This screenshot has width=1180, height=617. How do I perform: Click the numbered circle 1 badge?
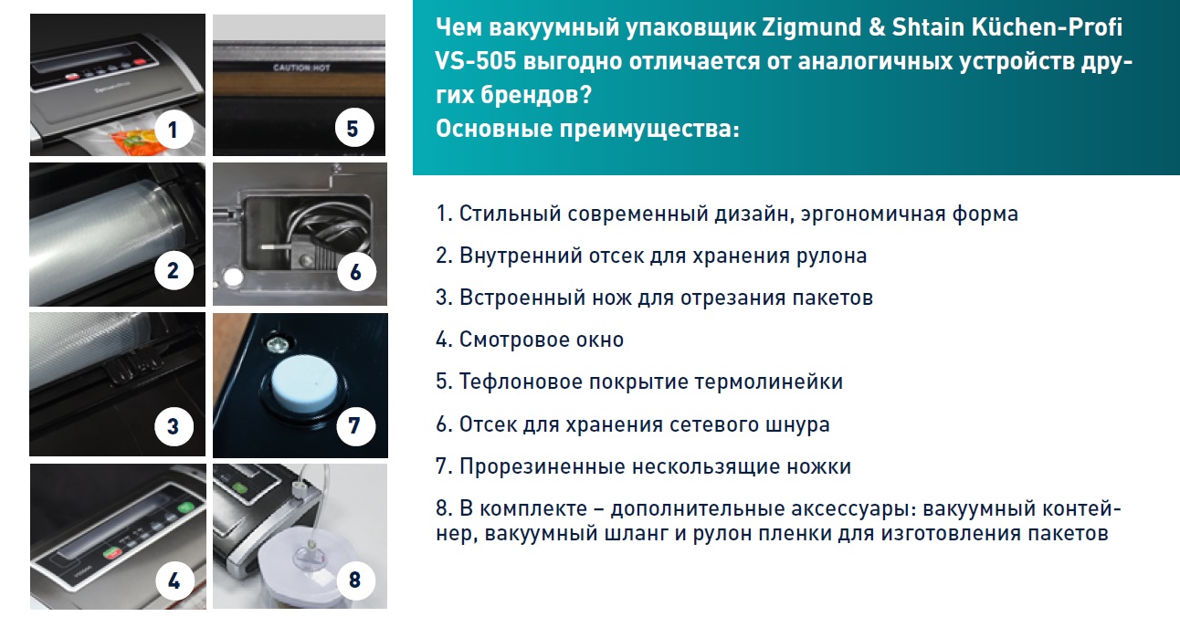pos(174,129)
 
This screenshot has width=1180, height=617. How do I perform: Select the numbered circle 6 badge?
pos(356,272)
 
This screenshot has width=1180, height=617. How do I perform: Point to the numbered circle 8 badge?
pos(355,580)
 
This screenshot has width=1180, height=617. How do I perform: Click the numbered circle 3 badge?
pos(174,426)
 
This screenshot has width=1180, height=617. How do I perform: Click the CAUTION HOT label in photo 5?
pos(301,68)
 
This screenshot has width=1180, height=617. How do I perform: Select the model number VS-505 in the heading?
pos(476,61)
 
